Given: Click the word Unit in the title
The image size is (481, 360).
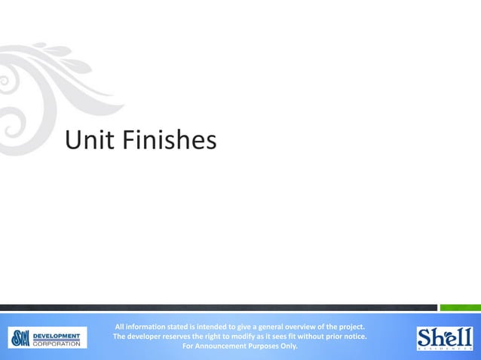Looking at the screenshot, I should [x=87, y=140].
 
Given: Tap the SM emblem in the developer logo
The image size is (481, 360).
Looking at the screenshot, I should [x=20, y=337].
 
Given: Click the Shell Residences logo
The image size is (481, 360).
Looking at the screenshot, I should [x=445, y=337].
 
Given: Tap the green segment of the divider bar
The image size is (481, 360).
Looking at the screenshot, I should [x=460, y=307].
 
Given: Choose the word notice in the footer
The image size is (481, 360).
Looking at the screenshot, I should [x=353, y=337].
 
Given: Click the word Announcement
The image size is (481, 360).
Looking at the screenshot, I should [x=224, y=347].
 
